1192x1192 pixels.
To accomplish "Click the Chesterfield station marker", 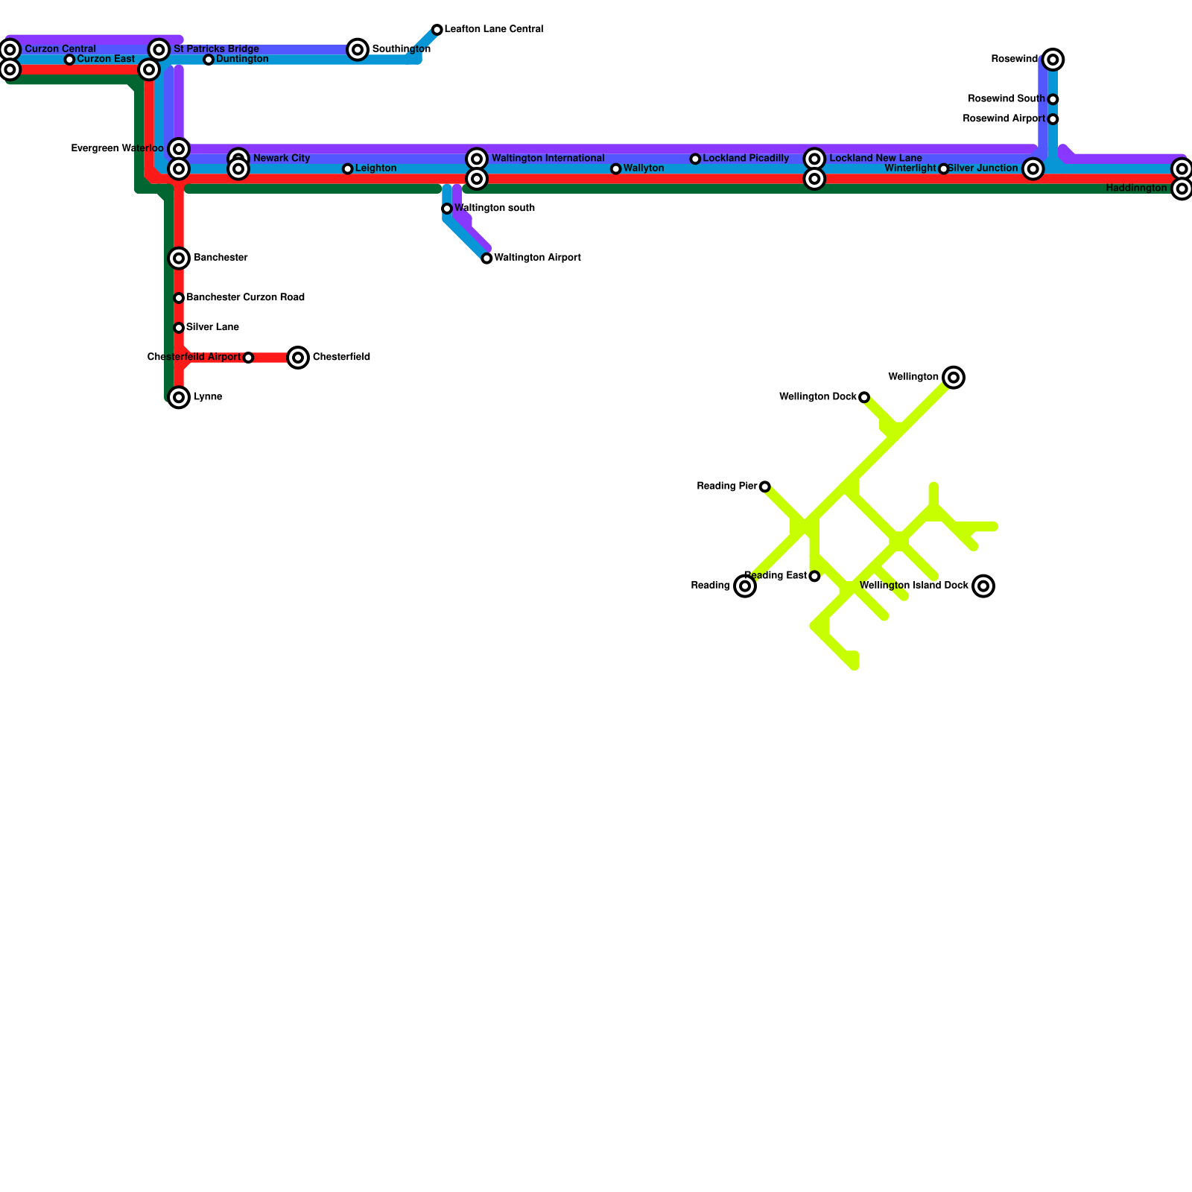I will point(298,358).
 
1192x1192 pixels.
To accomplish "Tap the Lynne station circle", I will point(179,398).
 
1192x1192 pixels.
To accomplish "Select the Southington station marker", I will point(358,50).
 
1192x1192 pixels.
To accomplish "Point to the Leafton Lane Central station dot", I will point(437,30).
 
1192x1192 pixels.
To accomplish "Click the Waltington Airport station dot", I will point(486,259).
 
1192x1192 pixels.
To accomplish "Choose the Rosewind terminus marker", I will point(1053,60).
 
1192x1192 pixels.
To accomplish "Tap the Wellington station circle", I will point(954,378).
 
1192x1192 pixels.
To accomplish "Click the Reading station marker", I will point(745,586).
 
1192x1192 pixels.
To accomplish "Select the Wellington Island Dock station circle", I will point(983,586).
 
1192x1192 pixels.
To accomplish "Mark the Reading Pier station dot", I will point(764,487).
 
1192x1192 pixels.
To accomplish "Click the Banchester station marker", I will point(179,259).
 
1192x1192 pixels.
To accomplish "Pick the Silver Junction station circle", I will point(1033,169).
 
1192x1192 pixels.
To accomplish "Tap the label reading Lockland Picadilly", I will point(746,159).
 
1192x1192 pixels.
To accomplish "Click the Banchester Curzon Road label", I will point(245,298).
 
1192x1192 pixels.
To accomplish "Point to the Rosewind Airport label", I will point(1004,119).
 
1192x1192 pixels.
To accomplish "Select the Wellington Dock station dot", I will point(864,398).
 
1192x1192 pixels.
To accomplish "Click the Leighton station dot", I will point(347,169).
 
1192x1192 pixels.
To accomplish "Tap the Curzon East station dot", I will point(69,60).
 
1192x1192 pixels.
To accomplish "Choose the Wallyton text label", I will point(644,168).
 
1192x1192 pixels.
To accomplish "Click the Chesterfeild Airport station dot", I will point(248,358).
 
